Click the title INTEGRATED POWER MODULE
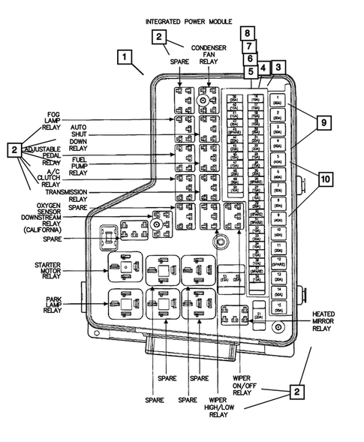pyautogui.click(x=188, y=23)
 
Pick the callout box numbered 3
pyautogui.click(x=278, y=68)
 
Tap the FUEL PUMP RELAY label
pyautogui.click(x=79, y=166)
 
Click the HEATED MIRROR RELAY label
pyautogui.click(x=323, y=320)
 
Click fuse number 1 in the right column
pyautogui.click(x=279, y=101)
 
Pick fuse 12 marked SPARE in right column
pyautogui.click(x=279, y=261)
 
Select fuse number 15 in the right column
pyautogui.click(x=279, y=305)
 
